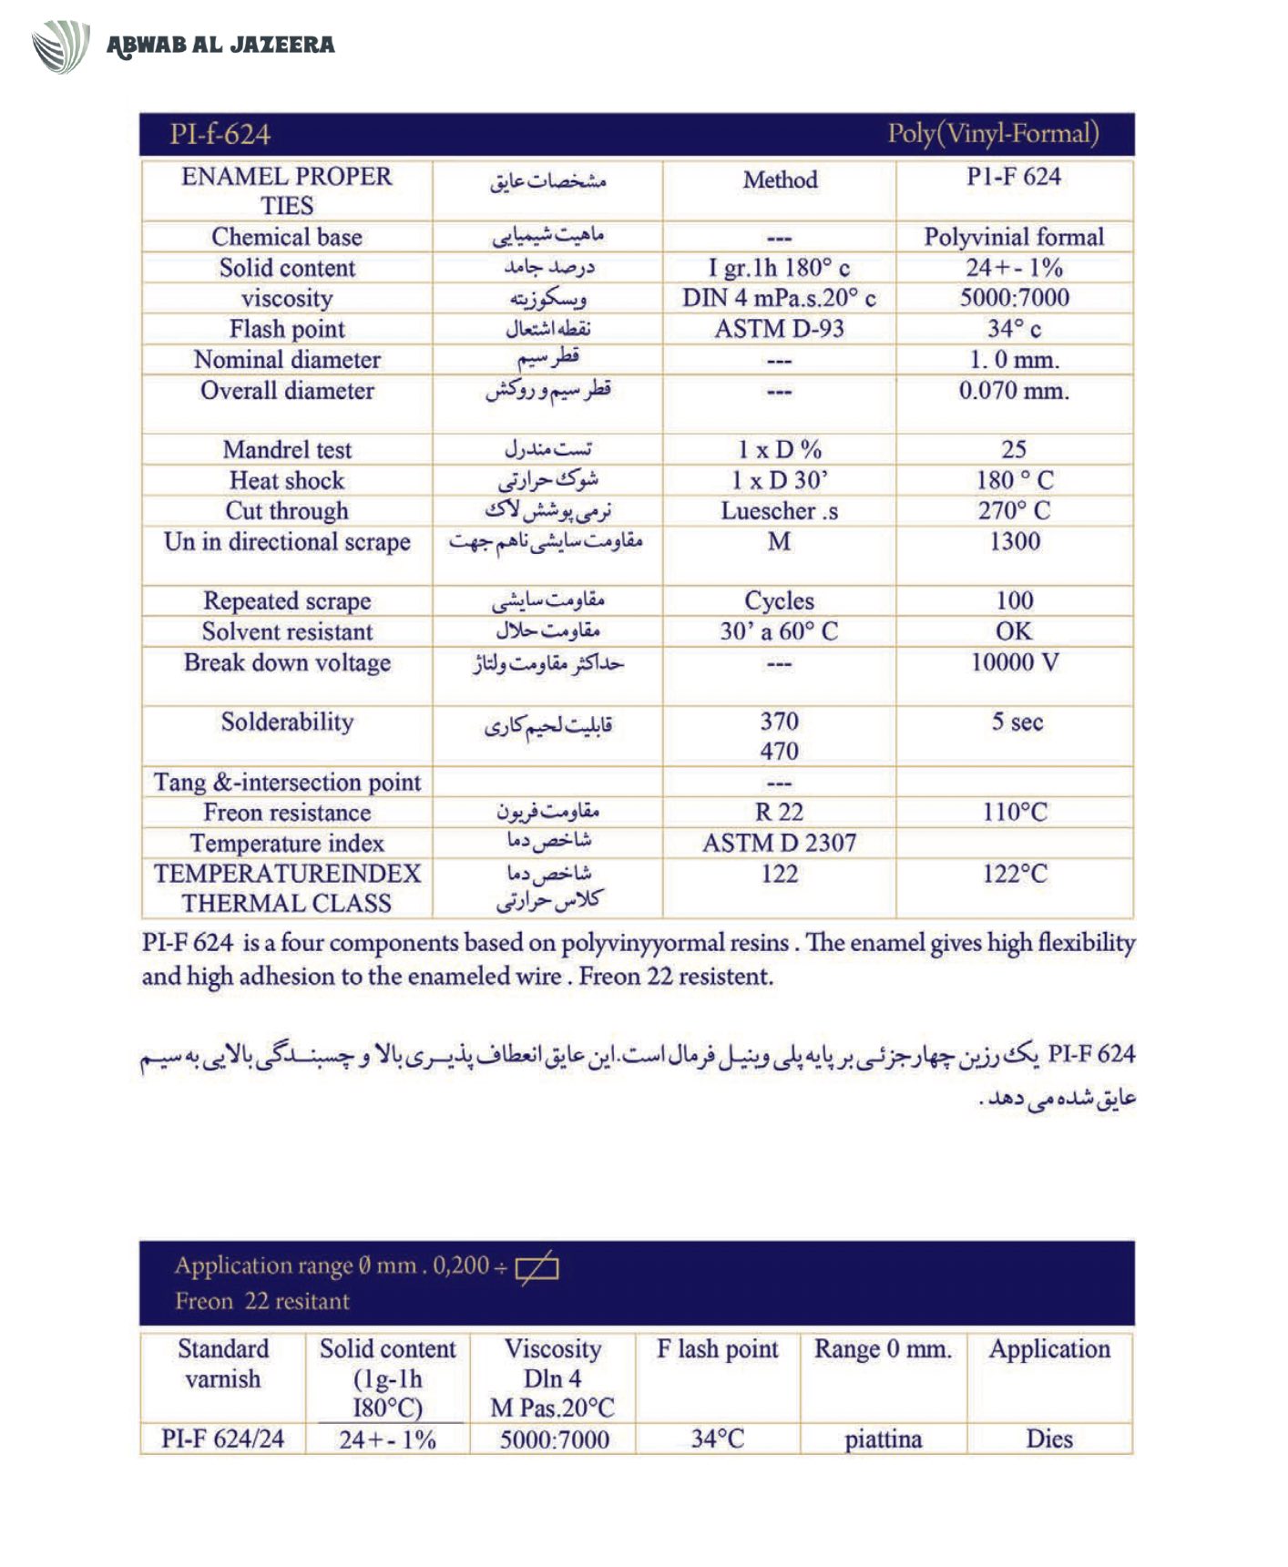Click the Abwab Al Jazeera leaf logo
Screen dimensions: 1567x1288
tap(60, 46)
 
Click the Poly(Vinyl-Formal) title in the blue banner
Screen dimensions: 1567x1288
tap(993, 134)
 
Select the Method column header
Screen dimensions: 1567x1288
tap(780, 180)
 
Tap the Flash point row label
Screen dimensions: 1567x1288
tap(287, 329)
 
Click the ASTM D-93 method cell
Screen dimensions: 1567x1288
tap(779, 329)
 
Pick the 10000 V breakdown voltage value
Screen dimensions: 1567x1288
tap(1014, 662)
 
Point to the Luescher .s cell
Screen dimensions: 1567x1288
tap(779, 511)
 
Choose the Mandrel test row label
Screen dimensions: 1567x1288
tap(287, 450)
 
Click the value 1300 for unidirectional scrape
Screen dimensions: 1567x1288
tap(1014, 541)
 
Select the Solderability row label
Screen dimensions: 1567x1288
tap(287, 722)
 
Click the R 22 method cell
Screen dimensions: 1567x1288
tap(779, 812)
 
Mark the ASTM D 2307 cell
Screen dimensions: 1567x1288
tap(779, 843)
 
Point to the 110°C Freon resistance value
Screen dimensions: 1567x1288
tap(1014, 812)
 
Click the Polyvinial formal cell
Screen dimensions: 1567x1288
tap(1014, 238)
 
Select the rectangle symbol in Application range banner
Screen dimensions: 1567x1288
tap(537, 1267)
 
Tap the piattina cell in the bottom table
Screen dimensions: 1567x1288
tap(883, 1439)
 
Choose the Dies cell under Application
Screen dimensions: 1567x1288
tap(1049, 1439)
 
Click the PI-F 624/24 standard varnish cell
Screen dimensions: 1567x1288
tap(223, 1439)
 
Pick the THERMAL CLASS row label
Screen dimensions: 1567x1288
tap(287, 904)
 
